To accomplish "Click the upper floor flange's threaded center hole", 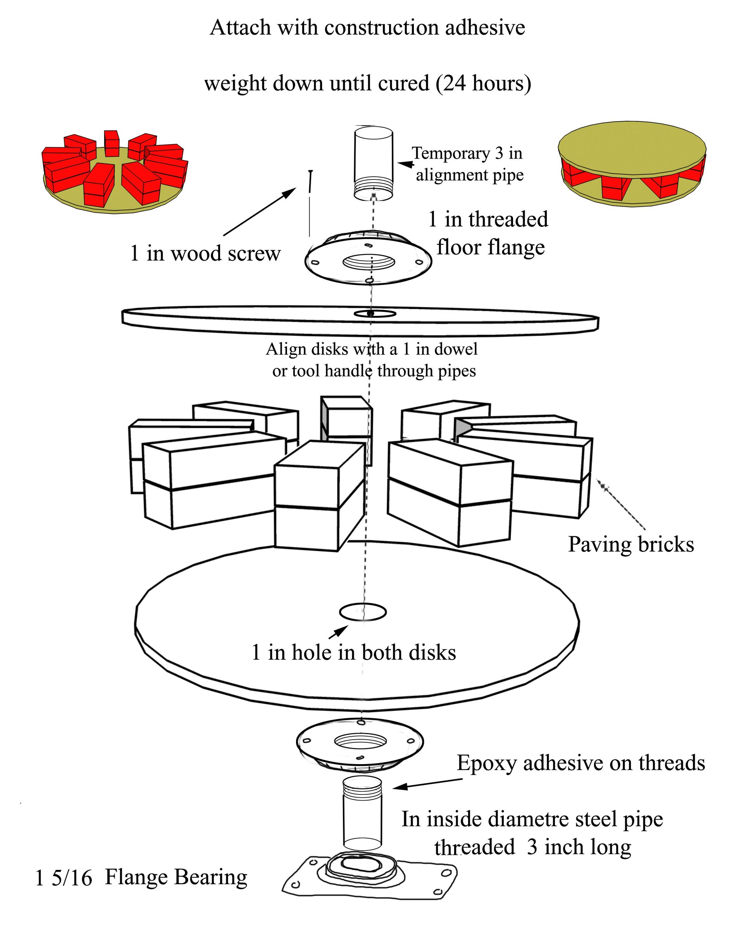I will [369, 262].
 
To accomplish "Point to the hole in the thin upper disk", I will [374, 313].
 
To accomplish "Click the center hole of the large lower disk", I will [363, 611].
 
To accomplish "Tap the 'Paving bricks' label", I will [630, 544].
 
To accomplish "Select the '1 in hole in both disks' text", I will [354, 652].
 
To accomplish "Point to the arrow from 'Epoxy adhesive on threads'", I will [427, 784].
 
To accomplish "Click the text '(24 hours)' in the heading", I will [483, 83].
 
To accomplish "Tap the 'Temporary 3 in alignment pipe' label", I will [468, 164].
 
